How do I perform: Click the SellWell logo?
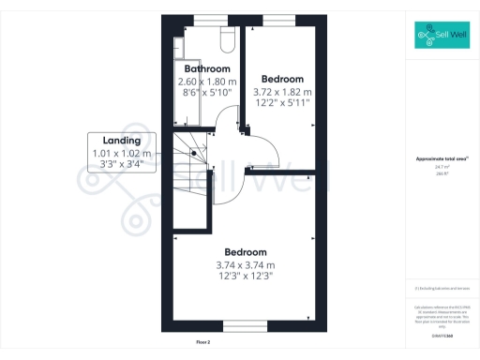pos(442,37)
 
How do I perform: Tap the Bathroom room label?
pos(206,69)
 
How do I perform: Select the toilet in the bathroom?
pos(225,38)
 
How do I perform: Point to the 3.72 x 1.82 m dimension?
pos(282,92)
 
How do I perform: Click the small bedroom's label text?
pos(282,79)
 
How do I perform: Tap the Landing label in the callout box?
pos(122,141)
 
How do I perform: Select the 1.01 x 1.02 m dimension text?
pos(122,154)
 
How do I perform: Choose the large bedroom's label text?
pos(246,252)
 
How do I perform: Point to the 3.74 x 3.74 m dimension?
pos(246,265)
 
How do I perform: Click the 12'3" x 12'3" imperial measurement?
pos(246,277)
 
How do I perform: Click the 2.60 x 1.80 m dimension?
pos(206,82)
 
